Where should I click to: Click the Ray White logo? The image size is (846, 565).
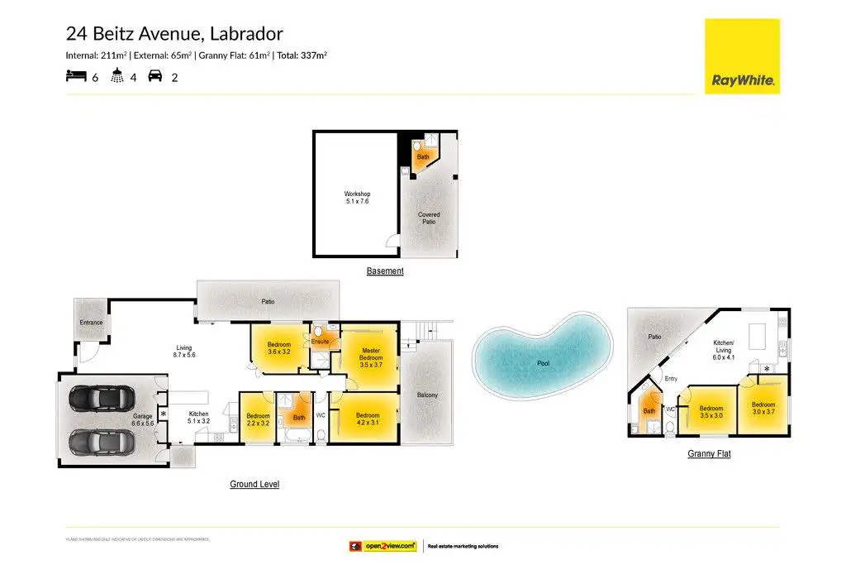741,56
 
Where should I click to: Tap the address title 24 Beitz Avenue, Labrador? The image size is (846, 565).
174,34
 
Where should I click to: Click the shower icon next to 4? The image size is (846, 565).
118,77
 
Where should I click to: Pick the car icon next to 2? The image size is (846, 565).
155,77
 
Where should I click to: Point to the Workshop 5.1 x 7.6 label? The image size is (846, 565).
357,199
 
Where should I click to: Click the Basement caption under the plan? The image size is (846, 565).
385,271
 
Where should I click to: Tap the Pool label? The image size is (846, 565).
544,363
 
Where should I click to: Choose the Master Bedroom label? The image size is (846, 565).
371,353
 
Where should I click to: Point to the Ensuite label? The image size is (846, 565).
321,341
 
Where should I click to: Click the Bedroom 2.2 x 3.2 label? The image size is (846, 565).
258,419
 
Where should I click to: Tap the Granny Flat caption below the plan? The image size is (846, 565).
709,453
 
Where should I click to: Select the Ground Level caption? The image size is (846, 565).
254,484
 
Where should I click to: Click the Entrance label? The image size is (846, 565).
91,323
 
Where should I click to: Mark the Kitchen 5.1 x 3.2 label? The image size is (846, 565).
199,418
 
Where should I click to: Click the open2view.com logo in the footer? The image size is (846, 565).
382,546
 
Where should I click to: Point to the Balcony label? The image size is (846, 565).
427,395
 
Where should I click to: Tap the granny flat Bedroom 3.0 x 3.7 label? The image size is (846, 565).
763,408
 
